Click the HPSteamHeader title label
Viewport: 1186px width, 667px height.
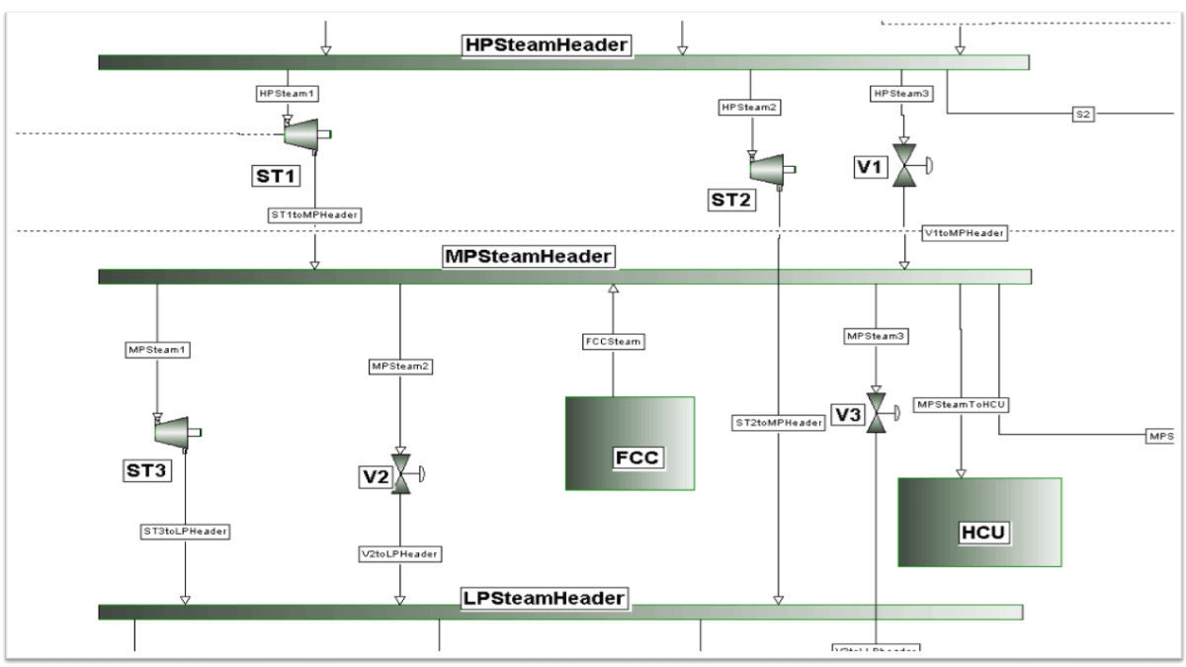(547, 44)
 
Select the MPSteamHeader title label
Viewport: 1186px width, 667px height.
(528, 256)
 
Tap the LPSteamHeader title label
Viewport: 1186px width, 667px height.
(545, 598)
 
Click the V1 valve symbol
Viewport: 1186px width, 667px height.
(904, 165)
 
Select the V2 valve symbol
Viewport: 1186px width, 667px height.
(401, 475)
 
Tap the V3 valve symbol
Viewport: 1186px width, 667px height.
(876, 414)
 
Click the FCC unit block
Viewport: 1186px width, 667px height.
(630, 443)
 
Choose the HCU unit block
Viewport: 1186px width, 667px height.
(979, 522)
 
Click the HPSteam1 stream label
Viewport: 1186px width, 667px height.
(288, 94)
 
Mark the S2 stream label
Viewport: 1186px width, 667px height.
(1082, 114)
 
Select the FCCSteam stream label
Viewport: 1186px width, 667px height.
(612, 342)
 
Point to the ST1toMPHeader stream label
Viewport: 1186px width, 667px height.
(314, 213)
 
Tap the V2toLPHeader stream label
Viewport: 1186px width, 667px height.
(399, 553)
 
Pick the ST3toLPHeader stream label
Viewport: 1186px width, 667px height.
(185, 531)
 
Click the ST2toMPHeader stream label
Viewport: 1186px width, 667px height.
(779, 422)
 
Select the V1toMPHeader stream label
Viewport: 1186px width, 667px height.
(964, 233)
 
